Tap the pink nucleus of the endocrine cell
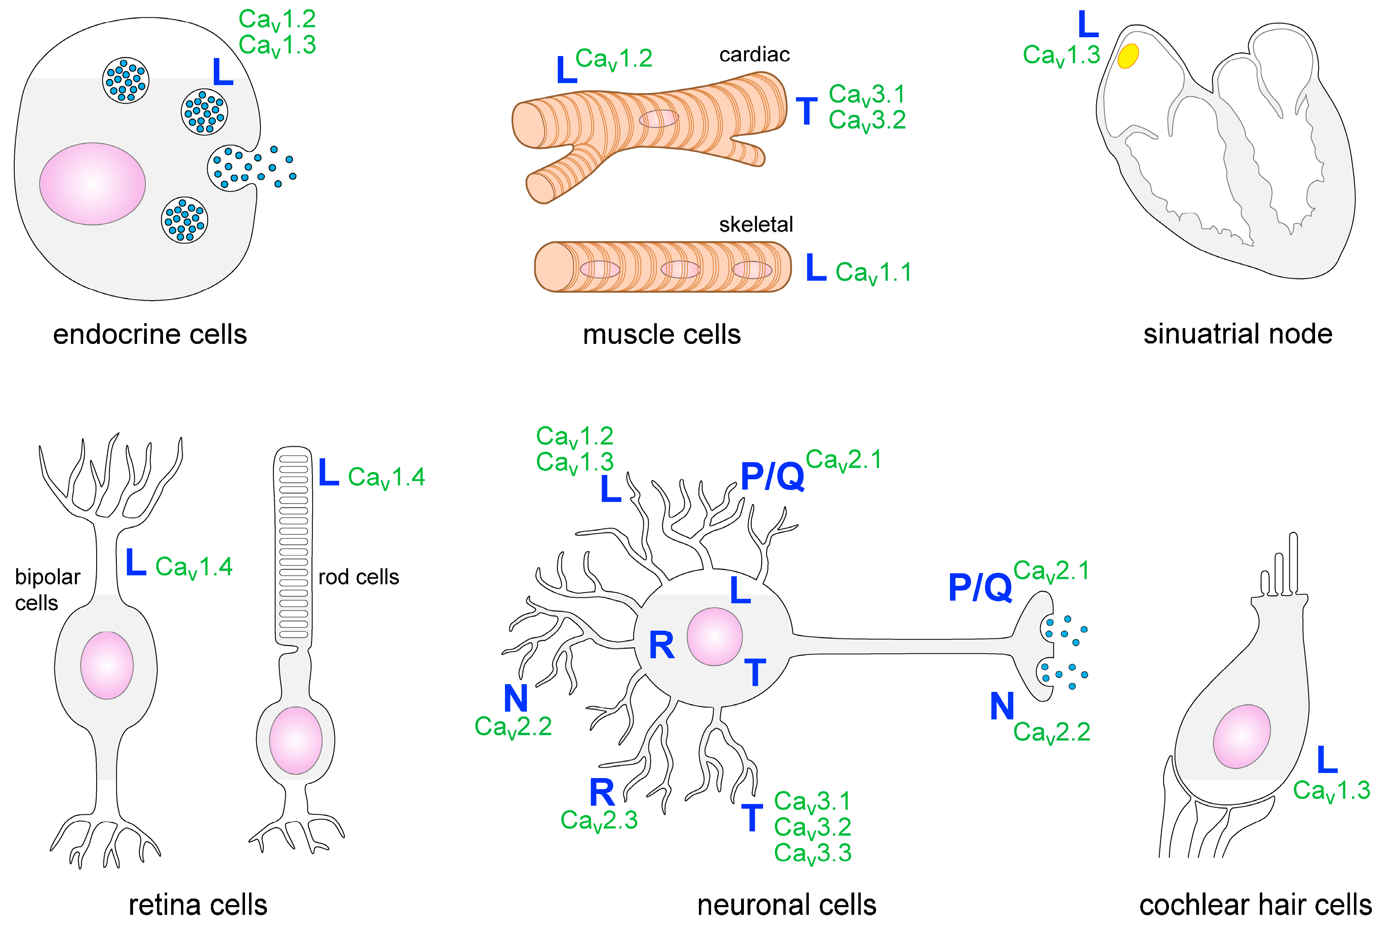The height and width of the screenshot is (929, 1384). point(92,184)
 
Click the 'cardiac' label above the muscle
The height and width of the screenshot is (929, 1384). point(754,54)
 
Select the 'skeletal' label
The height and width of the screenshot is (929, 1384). point(756,225)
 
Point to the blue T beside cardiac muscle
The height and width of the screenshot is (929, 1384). point(806,112)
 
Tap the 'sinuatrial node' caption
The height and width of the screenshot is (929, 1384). point(1238,334)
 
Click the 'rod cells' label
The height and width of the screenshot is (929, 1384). point(359,577)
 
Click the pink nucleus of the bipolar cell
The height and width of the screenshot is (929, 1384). point(107,665)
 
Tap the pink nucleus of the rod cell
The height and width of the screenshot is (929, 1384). point(295,740)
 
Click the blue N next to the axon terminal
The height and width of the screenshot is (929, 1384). point(1001,706)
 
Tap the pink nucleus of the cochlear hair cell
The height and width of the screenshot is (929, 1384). point(1242,736)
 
